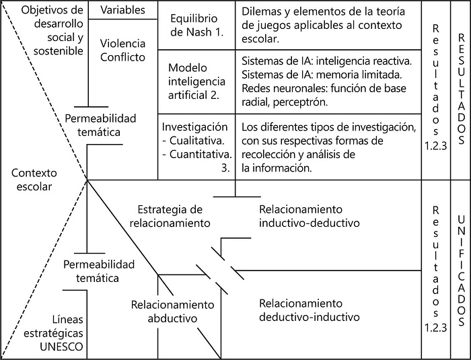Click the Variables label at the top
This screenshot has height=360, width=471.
point(122,10)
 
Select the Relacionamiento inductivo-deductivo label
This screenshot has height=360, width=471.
point(309,215)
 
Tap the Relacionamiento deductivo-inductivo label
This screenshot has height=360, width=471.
point(309,310)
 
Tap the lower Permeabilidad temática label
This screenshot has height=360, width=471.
point(101,271)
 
